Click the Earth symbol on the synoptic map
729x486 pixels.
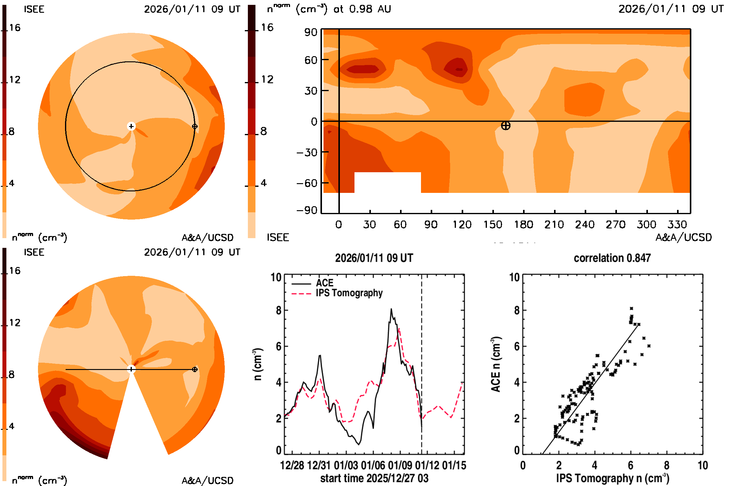click(505, 125)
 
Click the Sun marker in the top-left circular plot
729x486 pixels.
click(131, 126)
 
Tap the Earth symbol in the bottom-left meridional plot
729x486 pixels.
click(195, 369)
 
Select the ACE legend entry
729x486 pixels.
click(324, 283)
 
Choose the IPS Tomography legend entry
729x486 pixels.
click(349, 293)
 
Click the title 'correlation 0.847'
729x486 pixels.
click(612, 258)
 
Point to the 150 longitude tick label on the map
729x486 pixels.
click(492, 224)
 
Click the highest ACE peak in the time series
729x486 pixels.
click(391, 309)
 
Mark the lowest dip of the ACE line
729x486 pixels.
click(359, 444)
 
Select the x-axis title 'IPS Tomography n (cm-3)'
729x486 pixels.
click(612, 478)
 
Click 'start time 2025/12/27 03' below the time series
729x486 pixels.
click(374, 478)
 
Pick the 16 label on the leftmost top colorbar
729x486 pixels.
click(15, 28)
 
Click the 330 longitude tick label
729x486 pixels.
click(677, 224)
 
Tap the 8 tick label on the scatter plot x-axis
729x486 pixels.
click(667, 465)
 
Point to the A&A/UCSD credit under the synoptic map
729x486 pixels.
click(683, 238)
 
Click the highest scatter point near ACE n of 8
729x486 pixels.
click(631, 308)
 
